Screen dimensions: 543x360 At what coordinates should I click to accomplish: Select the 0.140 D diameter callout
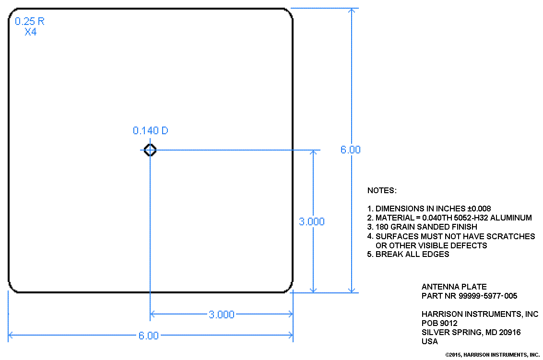[x=151, y=130]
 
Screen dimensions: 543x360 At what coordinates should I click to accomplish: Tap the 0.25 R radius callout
[x=30, y=22]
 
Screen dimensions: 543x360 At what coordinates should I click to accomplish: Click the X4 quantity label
[x=31, y=32]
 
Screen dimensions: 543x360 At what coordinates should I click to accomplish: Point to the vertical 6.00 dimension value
[x=351, y=150]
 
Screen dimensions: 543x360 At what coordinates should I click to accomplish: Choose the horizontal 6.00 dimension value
[x=149, y=336]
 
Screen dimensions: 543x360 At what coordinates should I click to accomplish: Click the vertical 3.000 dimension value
[x=312, y=221]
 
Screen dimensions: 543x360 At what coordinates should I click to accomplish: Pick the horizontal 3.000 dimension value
[x=222, y=314]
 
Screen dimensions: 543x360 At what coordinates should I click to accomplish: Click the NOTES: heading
[x=382, y=190]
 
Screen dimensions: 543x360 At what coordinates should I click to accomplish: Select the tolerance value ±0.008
[x=479, y=209]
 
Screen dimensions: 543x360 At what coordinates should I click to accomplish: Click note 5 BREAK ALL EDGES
[x=408, y=255]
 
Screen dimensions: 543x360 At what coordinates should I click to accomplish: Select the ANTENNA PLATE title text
[x=454, y=287]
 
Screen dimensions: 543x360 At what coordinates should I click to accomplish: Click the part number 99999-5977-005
[x=488, y=296]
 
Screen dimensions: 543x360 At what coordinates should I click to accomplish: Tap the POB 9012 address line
[x=439, y=323]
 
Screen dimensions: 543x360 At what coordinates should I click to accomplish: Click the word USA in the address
[x=430, y=341]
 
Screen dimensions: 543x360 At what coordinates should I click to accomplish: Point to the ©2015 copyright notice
[x=492, y=355]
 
